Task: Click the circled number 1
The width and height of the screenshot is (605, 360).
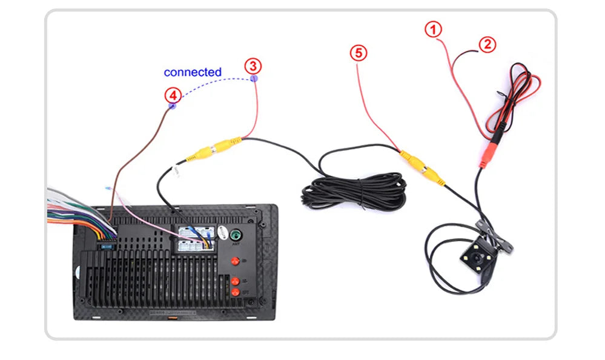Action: pos(433,29)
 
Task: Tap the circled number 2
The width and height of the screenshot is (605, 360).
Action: pos(488,44)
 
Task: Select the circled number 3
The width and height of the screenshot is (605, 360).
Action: pos(253,65)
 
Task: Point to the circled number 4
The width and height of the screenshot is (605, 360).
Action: pos(173,95)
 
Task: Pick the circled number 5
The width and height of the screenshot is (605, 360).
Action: pos(359,53)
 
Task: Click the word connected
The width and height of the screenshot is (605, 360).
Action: pos(193,72)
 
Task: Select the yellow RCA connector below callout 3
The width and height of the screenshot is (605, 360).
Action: pos(215,149)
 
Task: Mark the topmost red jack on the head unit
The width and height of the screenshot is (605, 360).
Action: pos(235,261)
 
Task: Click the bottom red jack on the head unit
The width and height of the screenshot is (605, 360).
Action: pos(235,292)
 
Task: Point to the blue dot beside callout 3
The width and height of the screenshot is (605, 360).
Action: pos(254,78)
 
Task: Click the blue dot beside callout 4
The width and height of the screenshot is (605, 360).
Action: pos(172,106)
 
